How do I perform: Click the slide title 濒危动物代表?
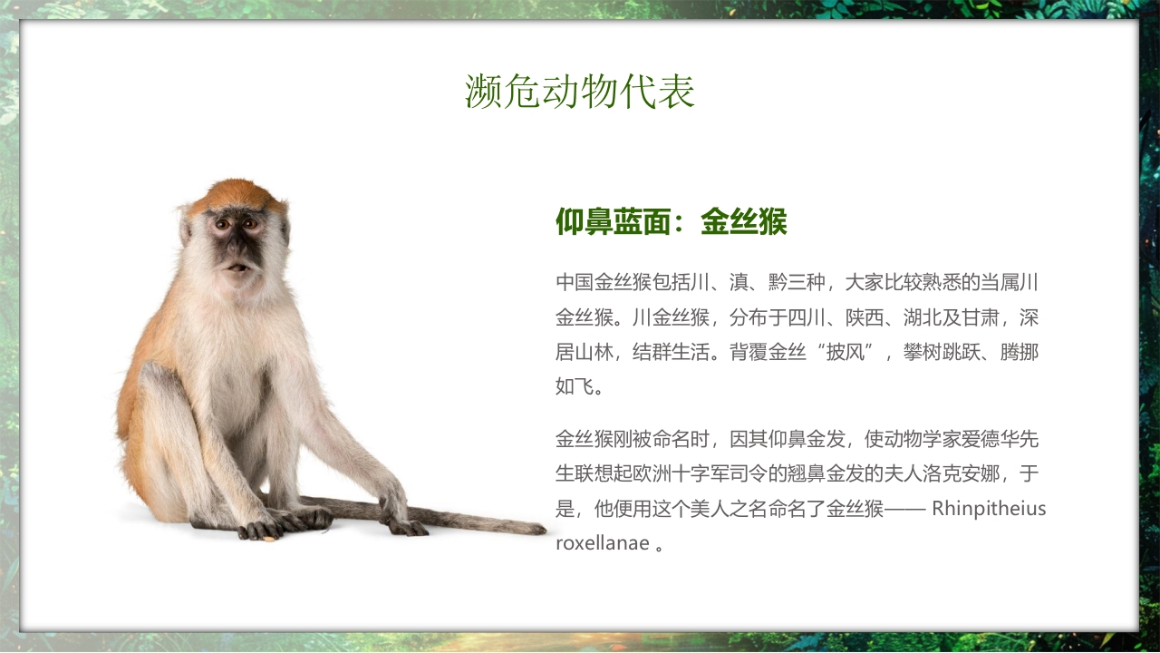(580, 92)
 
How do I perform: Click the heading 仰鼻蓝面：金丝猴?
(671, 221)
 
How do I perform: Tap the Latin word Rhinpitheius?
(989, 508)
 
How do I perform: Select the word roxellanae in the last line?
(602, 543)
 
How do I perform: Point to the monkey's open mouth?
(237, 268)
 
